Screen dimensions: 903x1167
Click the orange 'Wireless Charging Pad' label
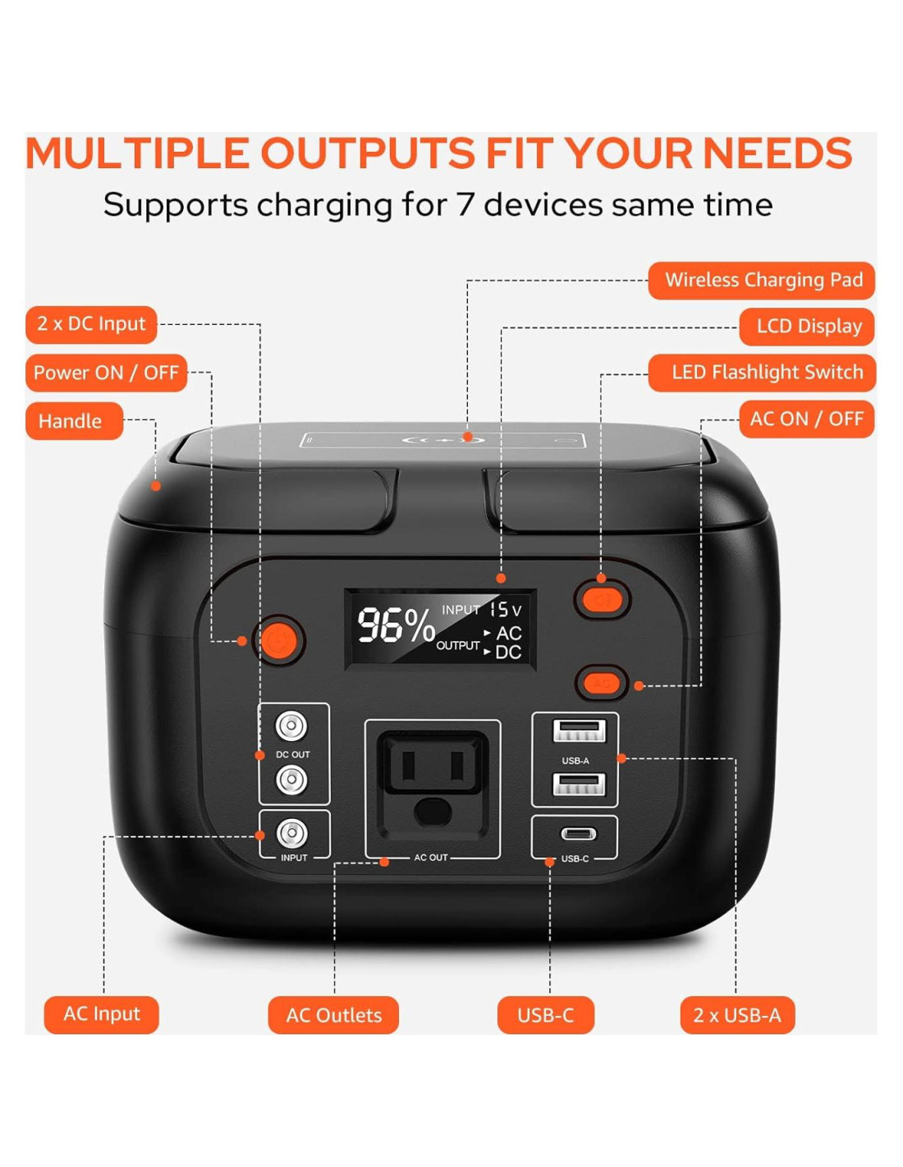(761, 281)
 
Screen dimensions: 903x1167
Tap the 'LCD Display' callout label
(806, 327)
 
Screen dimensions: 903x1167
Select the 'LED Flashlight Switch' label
(762, 373)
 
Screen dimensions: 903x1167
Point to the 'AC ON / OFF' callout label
(806, 419)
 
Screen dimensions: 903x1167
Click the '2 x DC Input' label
(91, 324)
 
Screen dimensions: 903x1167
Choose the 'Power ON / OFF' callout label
(107, 373)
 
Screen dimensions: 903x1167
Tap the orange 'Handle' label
(75, 421)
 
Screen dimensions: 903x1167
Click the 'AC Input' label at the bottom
(102, 1014)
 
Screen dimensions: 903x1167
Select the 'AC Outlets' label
(333, 1015)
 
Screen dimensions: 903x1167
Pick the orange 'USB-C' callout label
(545, 1015)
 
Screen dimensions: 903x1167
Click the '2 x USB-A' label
(737, 1015)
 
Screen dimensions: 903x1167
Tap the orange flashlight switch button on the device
(602, 599)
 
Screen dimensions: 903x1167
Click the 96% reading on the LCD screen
(396, 625)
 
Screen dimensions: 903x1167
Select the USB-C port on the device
(579, 834)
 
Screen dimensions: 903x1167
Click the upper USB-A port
(579, 731)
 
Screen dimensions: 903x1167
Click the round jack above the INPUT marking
(291, 833)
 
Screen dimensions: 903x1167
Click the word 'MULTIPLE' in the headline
(138, 153)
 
